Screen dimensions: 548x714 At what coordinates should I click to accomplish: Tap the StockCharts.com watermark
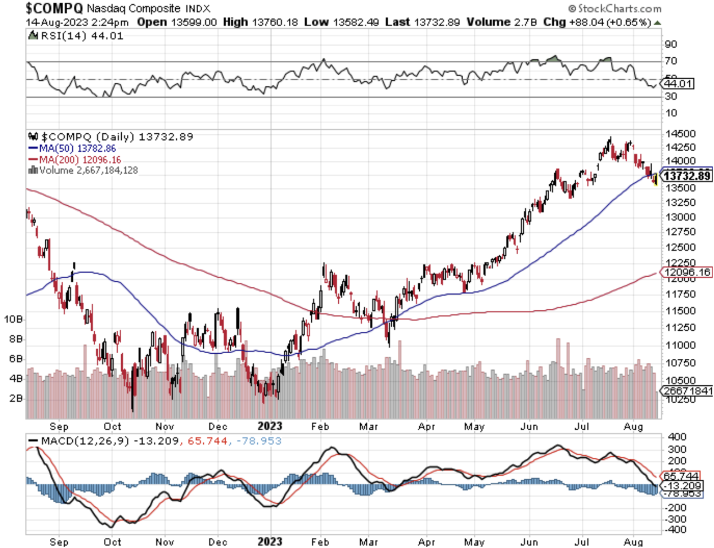point(615,8)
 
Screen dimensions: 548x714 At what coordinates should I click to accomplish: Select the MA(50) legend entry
point(72,148)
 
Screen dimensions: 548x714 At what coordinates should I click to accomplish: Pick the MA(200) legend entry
point(75,159)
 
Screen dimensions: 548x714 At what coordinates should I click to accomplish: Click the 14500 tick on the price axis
point(681,134)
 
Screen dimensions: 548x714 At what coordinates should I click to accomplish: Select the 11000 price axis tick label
point(681,345)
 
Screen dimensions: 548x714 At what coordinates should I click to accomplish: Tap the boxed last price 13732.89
point(687,175)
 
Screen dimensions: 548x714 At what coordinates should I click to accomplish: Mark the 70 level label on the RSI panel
point(671,60)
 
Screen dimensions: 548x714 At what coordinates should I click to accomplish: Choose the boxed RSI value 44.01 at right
point(678,83)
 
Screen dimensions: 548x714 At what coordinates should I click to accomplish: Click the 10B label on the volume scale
point(14,319)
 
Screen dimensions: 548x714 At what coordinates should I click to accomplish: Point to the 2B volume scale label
point(16,398)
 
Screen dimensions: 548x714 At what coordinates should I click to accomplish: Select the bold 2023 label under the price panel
point(270,426)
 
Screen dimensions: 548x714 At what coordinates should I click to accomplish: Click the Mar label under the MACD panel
point(368,542)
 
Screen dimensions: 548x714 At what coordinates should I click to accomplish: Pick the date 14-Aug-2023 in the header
point(51,22)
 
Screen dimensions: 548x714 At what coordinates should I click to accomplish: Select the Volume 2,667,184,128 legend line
point(83,170)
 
